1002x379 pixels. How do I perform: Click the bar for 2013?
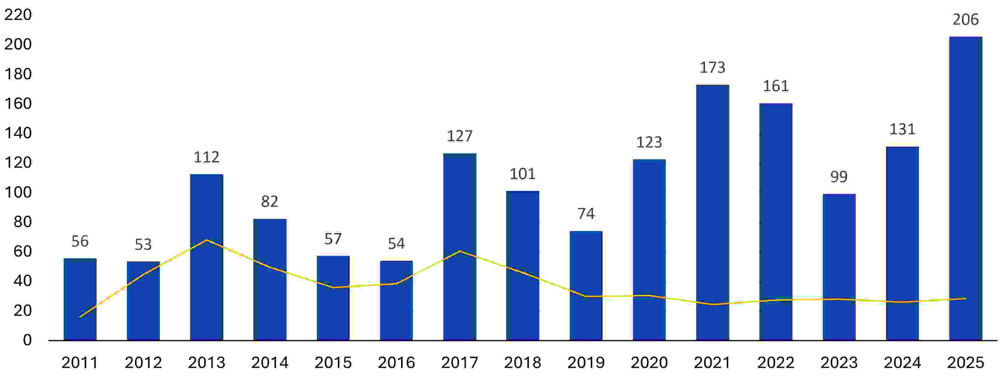[x=207, y=257]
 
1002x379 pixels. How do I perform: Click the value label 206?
[x=965, y=19]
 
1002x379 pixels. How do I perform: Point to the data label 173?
[x=712, y=68]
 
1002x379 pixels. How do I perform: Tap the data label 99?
[x=839, y=177]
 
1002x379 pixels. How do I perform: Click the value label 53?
[x=143, y=245]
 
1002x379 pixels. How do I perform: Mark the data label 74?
[x=586, y=214]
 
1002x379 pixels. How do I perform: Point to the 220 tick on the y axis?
[x=18, y=15]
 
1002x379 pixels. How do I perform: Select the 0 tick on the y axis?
[x=27, y=340]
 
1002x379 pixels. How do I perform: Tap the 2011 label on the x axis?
[x=80, y=363]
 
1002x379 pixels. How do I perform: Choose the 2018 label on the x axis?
[x=522, y=363]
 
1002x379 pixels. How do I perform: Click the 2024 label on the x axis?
[x=902, y=363]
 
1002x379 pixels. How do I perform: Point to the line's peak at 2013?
[x=207, y=240]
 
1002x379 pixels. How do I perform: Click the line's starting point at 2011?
[x=80, y=318]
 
